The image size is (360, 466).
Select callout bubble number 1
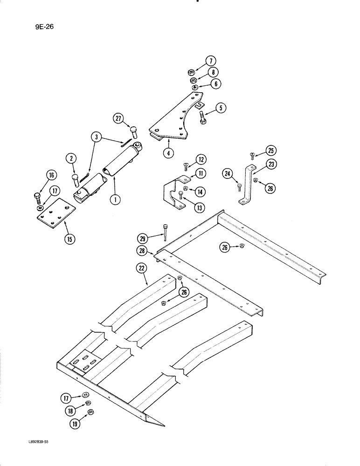click(x=113, y=199)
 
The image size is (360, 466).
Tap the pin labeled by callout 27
click(x=134, y=133)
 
